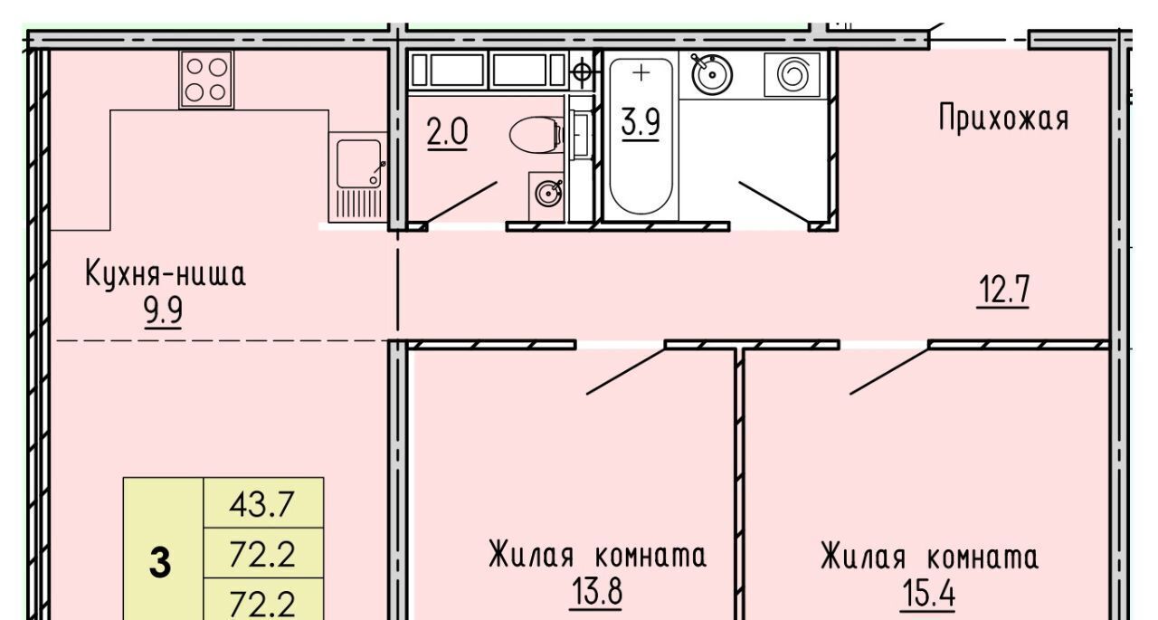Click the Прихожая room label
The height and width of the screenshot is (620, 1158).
1003,119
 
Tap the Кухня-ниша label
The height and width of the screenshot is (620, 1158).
166,274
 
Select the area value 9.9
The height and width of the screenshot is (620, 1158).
164,311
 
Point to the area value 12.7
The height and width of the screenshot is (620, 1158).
1003,291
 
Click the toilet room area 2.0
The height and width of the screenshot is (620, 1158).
447,132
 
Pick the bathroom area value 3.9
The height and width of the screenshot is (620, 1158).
641,123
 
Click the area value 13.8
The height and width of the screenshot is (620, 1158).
596,592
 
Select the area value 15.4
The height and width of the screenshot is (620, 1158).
928,594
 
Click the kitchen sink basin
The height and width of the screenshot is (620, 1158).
359,164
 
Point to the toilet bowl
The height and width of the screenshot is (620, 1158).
536,135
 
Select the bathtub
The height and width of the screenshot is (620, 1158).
641,136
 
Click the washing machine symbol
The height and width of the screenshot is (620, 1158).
792,74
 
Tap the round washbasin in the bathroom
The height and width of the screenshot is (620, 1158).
712,74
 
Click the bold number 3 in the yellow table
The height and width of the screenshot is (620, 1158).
160,563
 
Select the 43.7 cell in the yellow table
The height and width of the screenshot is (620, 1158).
263,502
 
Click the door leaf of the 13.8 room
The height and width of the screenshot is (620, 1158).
625,371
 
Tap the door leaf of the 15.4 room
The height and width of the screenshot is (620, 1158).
889,371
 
